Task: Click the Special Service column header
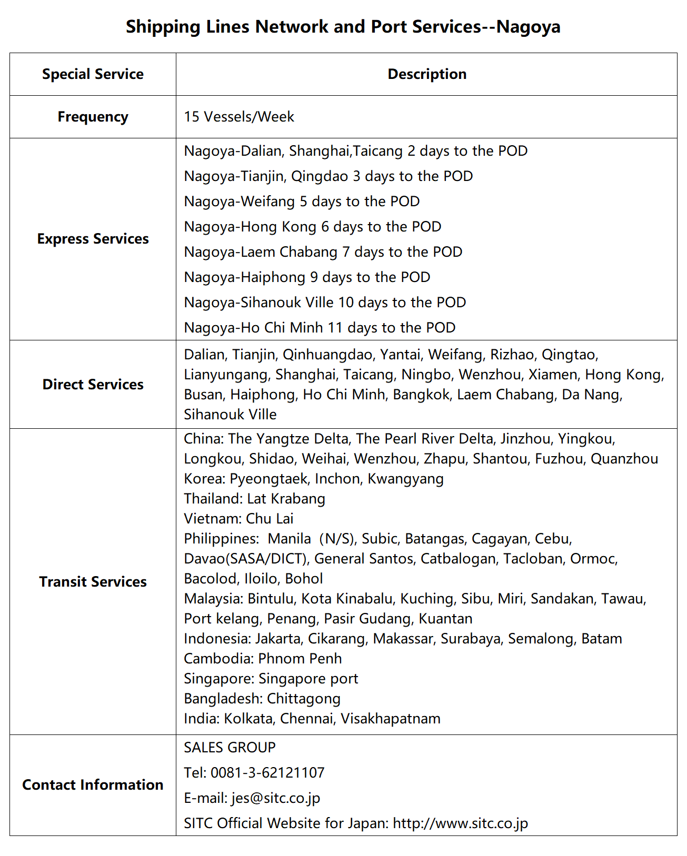point(93,74)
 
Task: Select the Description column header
point(426,74)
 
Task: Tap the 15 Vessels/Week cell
point(239,117)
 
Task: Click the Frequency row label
point(93,117)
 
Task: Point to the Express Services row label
point(93,239)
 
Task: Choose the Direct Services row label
point(93,385)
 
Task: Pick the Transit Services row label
point(93,582)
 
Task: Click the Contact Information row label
point(93,785)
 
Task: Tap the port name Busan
point(203,395)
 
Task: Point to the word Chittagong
point(303,699)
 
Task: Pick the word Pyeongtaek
point(268,479)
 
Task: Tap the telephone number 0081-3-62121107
point(267,773)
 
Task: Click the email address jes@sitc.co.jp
point(275,798)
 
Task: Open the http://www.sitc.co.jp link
point(460,823)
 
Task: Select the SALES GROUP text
point(230,748)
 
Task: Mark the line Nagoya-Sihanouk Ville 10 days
point(324,303)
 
